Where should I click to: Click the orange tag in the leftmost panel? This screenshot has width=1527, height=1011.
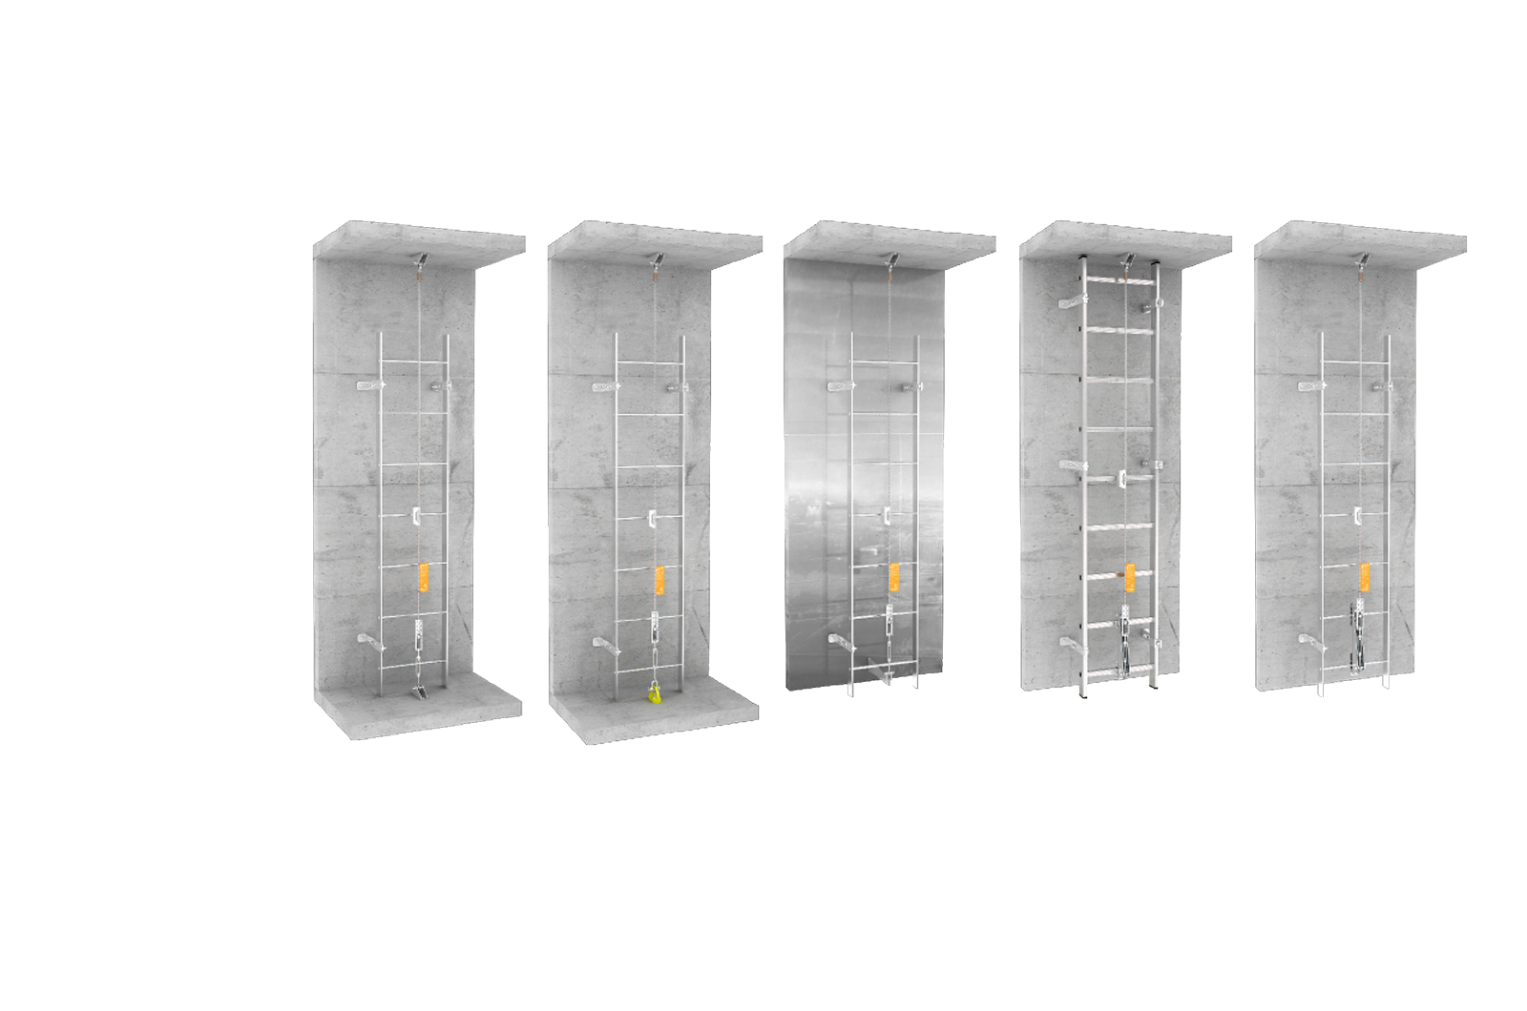(424, 578)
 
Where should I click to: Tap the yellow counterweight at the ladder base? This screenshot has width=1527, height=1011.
(654, 693)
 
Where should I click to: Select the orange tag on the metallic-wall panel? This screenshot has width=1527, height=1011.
(894, 577)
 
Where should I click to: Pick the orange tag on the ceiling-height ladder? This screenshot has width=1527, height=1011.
(1130, 576)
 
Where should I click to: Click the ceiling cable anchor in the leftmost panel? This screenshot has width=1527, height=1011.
(419, 258)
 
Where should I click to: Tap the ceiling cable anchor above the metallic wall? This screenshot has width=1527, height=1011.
(889, 258)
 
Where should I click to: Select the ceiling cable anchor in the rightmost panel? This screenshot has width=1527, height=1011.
(1361, 258)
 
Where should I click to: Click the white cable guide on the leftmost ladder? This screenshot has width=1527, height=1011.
(416, 516)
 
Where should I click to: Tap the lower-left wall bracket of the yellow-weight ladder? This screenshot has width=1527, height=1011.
(604, 646)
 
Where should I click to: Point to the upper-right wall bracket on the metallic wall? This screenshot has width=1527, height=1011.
(909, 387)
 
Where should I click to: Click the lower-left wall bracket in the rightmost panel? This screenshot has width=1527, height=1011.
(1309, 643)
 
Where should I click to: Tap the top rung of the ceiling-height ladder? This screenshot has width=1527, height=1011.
(1119, 279)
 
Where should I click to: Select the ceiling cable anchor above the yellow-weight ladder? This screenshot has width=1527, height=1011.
(655, 258)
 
